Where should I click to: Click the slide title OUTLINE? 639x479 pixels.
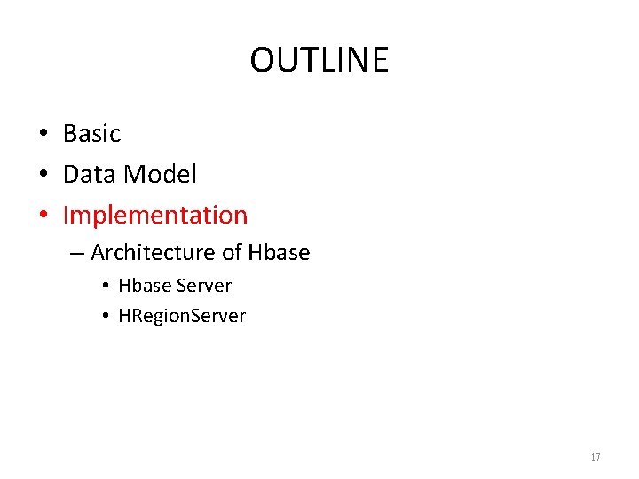click(319, 60)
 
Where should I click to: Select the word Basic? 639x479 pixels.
click(91, 134)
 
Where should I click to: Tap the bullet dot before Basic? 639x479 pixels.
click(43, 135)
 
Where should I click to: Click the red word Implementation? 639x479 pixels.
click(155, 216)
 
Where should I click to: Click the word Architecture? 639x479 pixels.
click(153, 253)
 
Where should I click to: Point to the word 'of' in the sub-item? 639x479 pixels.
click(232, 253)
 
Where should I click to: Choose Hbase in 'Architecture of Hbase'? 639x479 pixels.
click(279, 253)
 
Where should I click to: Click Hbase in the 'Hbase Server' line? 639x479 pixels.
click(145, 286)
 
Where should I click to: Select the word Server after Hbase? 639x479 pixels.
click(204, 286)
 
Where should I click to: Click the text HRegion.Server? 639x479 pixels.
click(182, 316)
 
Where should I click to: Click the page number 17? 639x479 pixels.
click(595, 458)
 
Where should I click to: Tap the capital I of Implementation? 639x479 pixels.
click(67, 215)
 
